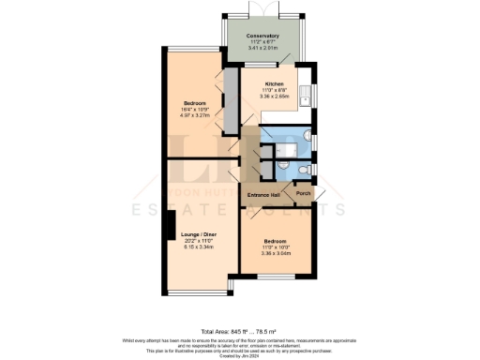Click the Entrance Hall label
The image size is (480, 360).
[x=264, y=194]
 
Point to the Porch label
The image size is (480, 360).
[x=303, y=194]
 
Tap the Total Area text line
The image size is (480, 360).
[x=239, y=316]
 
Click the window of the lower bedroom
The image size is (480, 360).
[x=277, y=278]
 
